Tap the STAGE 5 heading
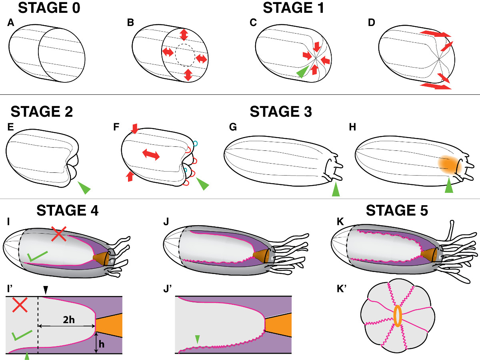397,210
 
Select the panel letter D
372,23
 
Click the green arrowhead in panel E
84,187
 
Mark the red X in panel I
60,234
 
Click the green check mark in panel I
38,256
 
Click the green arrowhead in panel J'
196,339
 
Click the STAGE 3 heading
281,112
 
